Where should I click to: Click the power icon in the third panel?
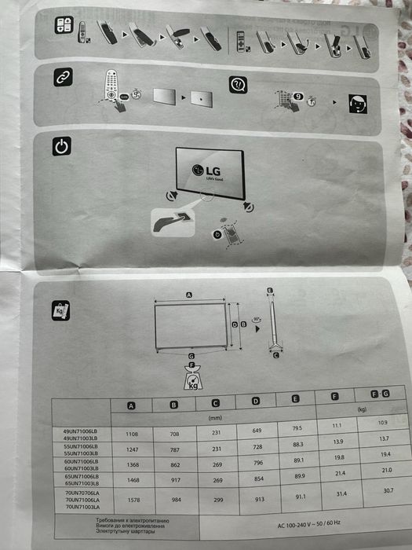coord(62,146)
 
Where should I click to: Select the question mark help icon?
coord(236,85)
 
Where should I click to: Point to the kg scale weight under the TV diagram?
coord(191,380)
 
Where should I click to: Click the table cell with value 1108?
coord(130,433)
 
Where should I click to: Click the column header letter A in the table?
coord(132,405)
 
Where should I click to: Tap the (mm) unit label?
coord(213,418)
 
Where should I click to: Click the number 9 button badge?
coord(298,95)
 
